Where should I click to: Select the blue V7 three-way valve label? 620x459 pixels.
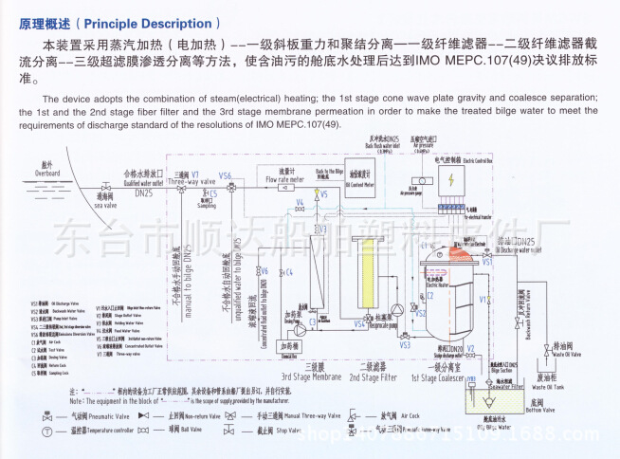click(x=195, y=174)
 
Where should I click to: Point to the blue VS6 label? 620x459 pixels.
click(x=225, y=175)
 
